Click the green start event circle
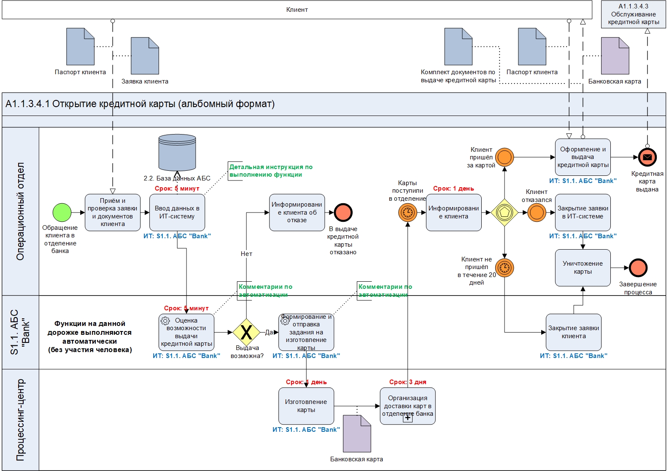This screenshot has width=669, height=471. coord(62,213)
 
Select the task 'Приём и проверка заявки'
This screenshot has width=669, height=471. coord(113,213)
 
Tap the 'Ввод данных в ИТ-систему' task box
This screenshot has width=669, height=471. coord(177,213)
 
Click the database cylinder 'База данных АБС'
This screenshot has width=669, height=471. coord(177,153)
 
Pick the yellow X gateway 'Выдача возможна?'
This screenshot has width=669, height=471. coord(246,332)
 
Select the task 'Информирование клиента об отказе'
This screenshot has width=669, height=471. coord(297,213)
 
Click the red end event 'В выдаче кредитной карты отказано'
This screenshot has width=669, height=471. coord(343,213)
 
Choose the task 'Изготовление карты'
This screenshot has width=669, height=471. coord(306,406)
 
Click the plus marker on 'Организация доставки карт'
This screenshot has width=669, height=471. coord(408,418)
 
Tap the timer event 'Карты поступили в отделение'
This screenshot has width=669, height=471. coord(407,213)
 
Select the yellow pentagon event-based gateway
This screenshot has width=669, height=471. coord(504,213)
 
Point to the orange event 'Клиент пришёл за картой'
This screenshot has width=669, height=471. coord(504,157)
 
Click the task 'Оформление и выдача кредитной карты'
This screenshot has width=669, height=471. coord(583,157)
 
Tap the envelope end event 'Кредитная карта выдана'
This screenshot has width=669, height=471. coord(647,157)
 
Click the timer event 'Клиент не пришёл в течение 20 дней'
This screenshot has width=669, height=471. coord(504,268)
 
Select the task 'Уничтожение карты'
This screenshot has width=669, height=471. coord(583,268)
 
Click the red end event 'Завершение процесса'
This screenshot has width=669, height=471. coord(638,268)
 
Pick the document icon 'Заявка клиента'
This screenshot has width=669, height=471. coord(145,56)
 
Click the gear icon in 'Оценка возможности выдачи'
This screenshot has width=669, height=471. coord(165,321)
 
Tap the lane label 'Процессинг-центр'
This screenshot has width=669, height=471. coord(20,420)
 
